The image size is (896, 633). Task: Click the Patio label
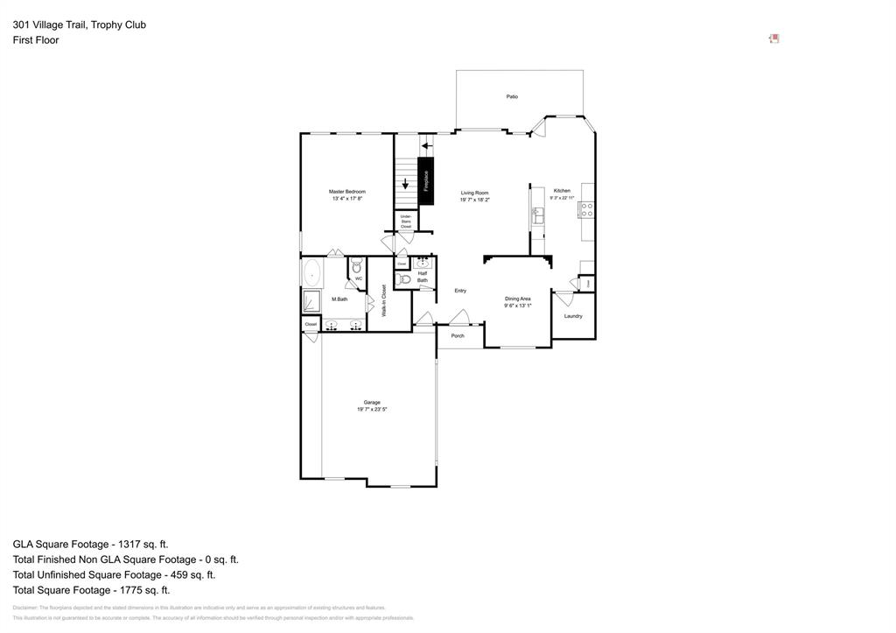(512, 96)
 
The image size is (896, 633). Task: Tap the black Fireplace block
(426, 181)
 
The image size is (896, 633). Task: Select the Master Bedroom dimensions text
(347, 199)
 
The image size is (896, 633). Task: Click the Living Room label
(475, 193)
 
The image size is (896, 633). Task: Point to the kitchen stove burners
(587, 209)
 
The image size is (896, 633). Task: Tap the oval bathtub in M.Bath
(312, 273)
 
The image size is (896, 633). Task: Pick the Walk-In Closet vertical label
(383, 299)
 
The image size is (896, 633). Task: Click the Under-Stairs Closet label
(406, 222)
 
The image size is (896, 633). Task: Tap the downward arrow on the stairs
(406, 183)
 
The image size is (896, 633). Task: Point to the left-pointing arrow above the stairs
(427, 145)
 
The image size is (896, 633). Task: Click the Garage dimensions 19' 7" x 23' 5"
(372, 409)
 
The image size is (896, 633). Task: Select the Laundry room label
(573, 316)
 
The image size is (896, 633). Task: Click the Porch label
(458, 335)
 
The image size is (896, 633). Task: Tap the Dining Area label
(518, 299)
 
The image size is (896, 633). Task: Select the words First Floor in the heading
(36, 40)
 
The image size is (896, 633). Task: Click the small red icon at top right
(773, 39)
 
